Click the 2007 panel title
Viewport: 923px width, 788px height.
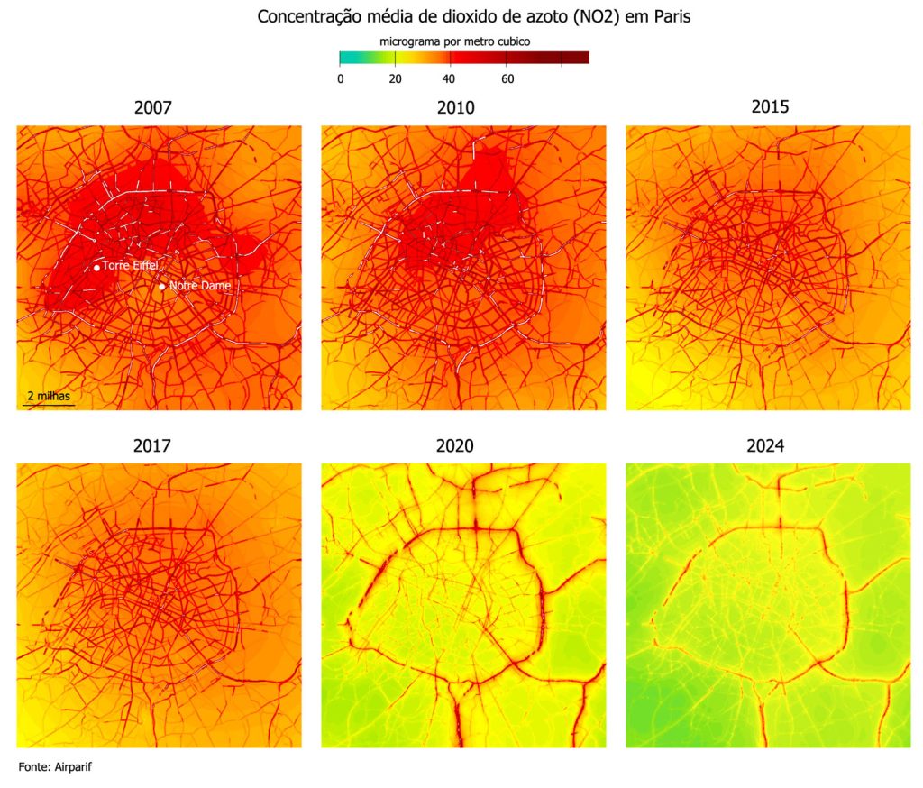click(152, 108)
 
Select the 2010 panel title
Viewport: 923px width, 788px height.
click(455, 108)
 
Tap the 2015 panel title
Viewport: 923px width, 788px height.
click(769, 106)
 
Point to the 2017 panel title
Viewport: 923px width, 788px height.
click(152, 445)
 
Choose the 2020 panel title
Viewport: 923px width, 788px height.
click(455, 445)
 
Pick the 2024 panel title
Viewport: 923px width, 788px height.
click(769, 445)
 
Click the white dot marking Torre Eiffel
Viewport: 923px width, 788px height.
click(96, 268)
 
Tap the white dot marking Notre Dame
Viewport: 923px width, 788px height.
click(162, 287)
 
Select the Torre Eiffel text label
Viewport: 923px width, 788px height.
click(130, 266)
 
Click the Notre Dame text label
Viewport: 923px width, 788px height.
click(200, 286)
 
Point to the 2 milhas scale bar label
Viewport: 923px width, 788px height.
click(48, 396)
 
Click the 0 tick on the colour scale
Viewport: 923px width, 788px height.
click(340, 78)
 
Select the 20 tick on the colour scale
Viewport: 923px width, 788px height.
click(395, 78)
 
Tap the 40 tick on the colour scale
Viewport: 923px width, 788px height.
click(450, 78)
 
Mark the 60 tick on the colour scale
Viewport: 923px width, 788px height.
click(507, 78)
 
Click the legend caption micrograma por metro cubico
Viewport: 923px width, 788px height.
click(455, 41)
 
